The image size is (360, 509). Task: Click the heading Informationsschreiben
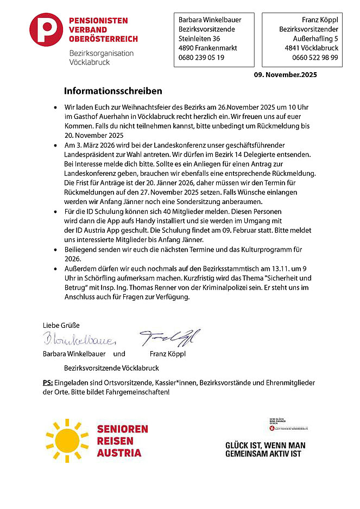113,91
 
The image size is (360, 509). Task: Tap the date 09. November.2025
285,75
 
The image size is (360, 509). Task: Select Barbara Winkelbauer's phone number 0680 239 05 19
201,58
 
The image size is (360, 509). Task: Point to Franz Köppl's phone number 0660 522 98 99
315,58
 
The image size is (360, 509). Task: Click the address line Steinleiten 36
199,39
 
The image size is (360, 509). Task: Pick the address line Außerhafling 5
315,39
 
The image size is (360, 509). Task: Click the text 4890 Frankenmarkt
208,48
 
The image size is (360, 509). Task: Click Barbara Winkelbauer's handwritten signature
79,340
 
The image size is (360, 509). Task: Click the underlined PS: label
48,383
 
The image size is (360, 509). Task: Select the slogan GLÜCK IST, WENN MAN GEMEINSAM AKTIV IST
265,449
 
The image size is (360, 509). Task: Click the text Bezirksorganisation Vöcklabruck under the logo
101,58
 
